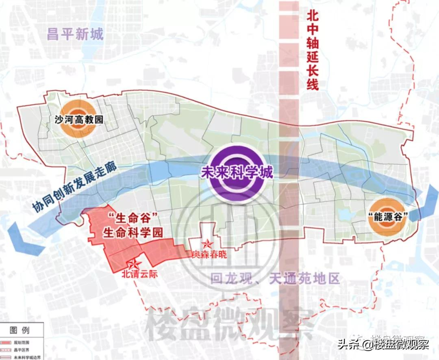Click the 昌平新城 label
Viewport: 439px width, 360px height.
click(76, 35)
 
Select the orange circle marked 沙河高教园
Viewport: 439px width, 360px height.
click(78, 119)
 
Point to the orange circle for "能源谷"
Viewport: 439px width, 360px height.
click(387, 216)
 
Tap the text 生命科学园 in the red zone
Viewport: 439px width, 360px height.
click(133, 233)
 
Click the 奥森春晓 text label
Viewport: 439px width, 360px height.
click(209, 255)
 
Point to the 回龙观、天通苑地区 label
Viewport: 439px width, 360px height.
click(274, 279)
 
